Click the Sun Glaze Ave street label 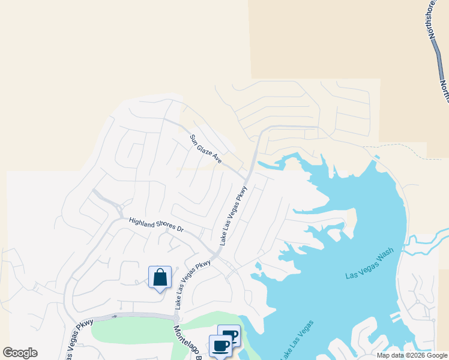coord(206,149)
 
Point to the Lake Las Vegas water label coord(295,340)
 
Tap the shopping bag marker coord(160,278)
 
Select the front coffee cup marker coord(220,346)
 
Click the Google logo coord(20,353)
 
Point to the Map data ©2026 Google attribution coord(412,355)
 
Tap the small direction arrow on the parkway coord(114,316)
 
